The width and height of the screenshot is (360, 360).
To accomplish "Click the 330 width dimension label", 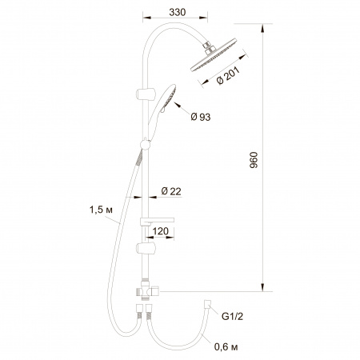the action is pyautogui.click(x=177, y=12).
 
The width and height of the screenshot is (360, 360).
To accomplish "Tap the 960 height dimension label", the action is pyautogui.click(x=254, y=160).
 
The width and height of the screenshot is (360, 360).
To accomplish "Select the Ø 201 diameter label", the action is pyautogui.click(x=228, y=75).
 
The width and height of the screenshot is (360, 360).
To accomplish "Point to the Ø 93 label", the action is pyautogui.click(x=201, y=117).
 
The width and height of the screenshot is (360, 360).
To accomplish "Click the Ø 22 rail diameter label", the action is pyautogui.click(x=171, y=191).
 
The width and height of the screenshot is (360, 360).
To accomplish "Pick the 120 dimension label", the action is pyautogui.click(x=161, y=231).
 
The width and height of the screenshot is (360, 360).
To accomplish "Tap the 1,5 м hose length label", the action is pyautogui.click(x=101, y=210).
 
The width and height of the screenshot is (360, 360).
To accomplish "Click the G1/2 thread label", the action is pyautogui.click(x=232, y=317).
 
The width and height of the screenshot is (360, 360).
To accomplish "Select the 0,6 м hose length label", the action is pyautogui.click(x=226, y=347).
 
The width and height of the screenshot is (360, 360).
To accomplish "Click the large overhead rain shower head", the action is pyautogui.click(x=214, y=55).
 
